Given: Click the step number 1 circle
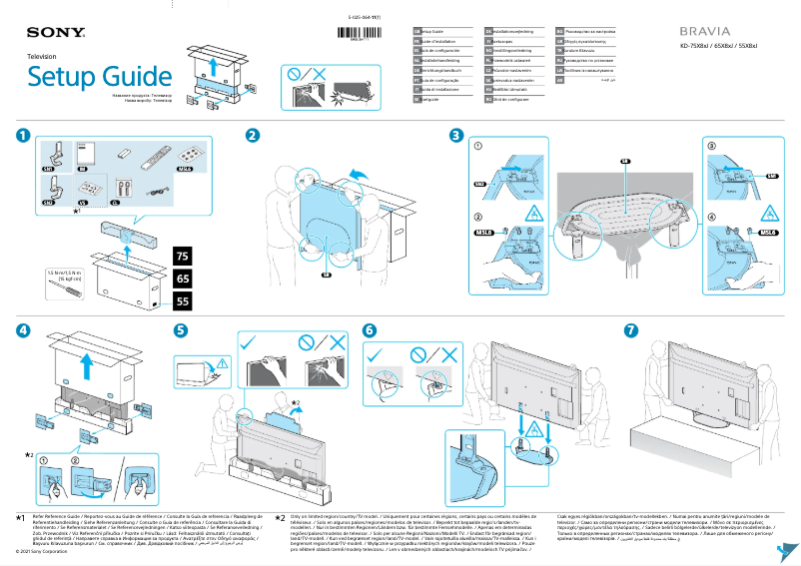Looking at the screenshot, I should [22, 135].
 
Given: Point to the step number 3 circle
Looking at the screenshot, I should [455, 135].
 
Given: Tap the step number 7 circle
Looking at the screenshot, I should [630, 329].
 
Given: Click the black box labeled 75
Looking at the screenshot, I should [182, 258].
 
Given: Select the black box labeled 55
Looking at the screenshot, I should [182, 299].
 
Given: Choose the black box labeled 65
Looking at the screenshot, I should [182, 279].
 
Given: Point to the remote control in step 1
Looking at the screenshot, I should [156, 157].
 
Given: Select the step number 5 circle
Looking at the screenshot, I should [180, 329].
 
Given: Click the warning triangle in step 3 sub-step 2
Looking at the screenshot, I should [534, 213].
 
